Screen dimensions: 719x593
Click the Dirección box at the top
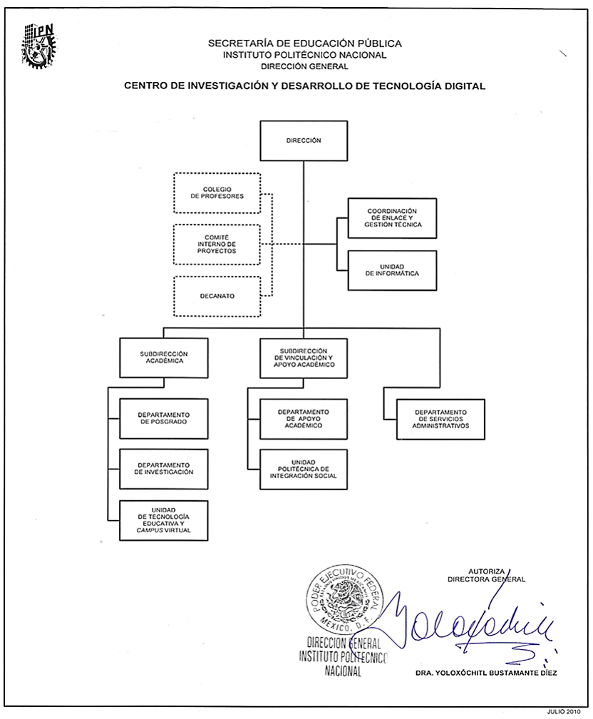(304, 141)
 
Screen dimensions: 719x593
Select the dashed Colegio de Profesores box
(217, 192)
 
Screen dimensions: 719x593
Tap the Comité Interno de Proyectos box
(217, 245)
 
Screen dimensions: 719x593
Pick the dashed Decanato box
(217, 296)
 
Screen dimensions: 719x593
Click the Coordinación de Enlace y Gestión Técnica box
(392, 218)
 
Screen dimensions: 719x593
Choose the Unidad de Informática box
(392, 271)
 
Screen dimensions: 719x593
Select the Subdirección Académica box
(164, 358)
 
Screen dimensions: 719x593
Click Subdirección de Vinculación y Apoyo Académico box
(304, 358)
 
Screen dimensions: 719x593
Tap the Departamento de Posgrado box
(164, 418)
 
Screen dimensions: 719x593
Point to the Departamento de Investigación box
(164, 469)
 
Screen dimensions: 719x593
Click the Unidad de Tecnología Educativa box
(164, 521)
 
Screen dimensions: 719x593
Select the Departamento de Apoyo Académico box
(304, 418)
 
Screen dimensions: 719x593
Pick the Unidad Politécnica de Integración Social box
(304, 469)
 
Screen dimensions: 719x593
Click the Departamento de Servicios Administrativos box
(440, 419)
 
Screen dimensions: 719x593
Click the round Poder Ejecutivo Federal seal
(341, 602)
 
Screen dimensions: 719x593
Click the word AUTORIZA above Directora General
(486, 571)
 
